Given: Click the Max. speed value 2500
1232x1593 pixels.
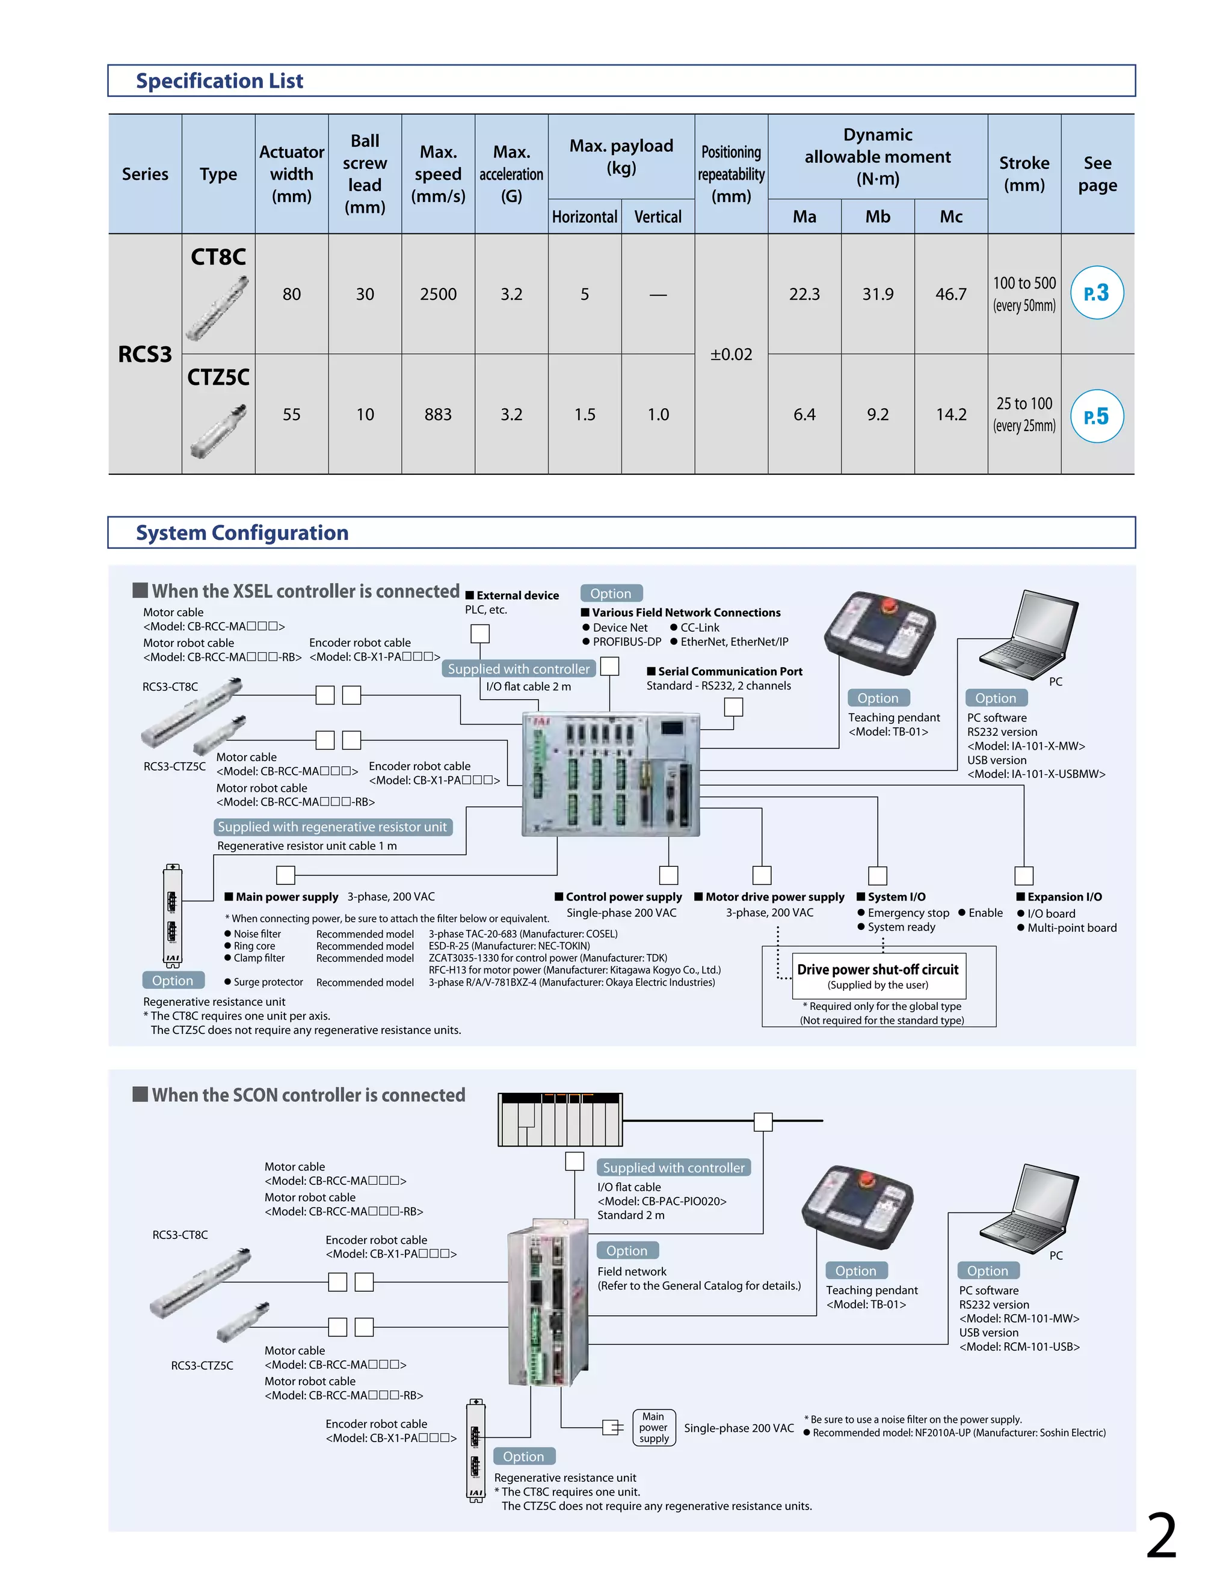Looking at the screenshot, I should coord(438,294).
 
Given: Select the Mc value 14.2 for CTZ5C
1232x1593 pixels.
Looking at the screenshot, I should coord(951,414).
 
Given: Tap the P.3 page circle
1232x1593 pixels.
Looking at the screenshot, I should coord(1096,293).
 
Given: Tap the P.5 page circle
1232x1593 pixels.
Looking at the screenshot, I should coord(1096,417).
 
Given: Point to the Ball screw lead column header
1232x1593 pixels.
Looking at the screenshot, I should coord(365,174).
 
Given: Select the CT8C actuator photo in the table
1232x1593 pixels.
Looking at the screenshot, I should coord(218,308).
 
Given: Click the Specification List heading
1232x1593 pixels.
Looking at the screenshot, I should coord(219,81).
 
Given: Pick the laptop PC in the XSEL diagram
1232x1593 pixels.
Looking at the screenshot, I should coord(1029,635).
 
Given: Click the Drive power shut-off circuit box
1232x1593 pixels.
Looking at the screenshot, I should coord(878,976).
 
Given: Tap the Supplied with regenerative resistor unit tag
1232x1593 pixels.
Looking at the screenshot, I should coord(333,827).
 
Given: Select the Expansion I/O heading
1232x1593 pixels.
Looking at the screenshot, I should coord(1064,897).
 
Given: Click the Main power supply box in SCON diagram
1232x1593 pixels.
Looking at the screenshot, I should coord(653,1428).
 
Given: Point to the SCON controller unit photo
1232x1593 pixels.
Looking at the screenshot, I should coord(547,1302).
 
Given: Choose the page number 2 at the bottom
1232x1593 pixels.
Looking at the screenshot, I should coord(1161,1535).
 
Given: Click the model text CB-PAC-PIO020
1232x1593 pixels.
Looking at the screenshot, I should coord(662,1201).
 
